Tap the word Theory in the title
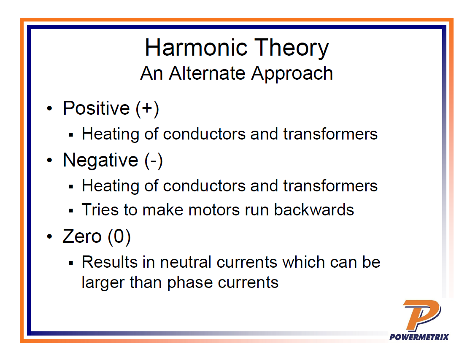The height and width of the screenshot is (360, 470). tap(292, 48)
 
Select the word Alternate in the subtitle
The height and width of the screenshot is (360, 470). tap(207, 73)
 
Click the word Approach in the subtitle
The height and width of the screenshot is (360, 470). tap(292, 74)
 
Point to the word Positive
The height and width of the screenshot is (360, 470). tap(96, 108)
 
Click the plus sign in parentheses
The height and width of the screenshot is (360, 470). tap(147, 108)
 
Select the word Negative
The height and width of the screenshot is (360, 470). tap(100, 161)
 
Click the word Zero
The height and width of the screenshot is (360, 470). tap(82, 236)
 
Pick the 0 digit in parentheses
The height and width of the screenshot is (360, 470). tap(119, 236)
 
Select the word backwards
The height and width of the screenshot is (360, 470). tap(314, 210)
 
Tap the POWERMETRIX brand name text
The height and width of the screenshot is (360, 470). tap(419, 337)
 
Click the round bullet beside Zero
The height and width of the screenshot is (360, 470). tap(49, 236)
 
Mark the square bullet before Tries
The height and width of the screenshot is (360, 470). tap(71, 211)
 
